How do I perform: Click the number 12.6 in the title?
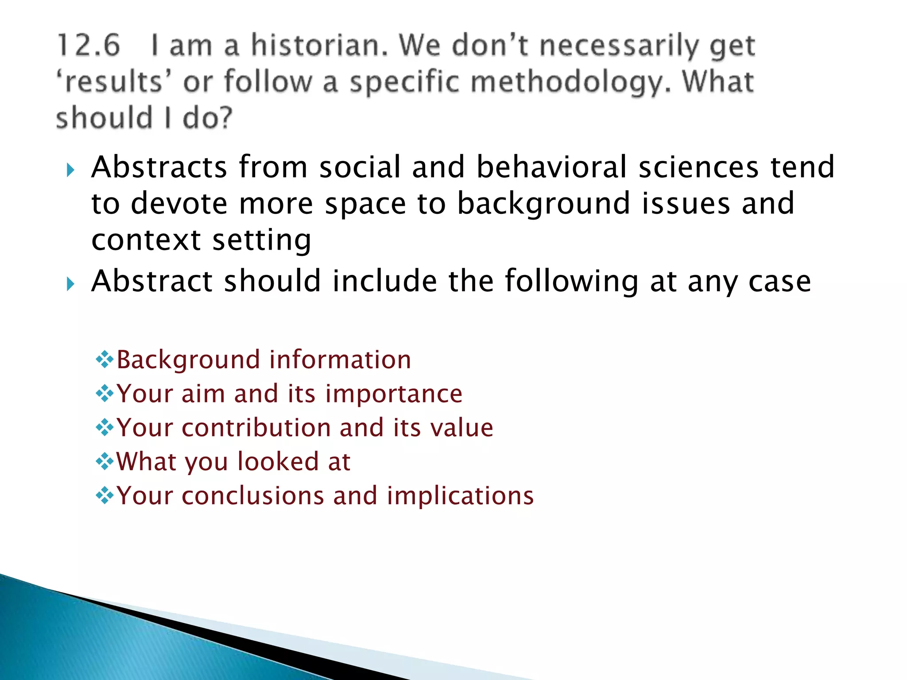(x=89, y=46)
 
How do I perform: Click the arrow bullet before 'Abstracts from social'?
(x=70, y=170)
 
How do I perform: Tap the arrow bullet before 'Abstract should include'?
(x=70, y=284)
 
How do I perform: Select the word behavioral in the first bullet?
(x=551, y=167)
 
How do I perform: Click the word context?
(x=146, y=240)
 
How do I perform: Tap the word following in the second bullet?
(x=571, y=282)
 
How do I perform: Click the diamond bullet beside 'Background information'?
(x=105, y=359)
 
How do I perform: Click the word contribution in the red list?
(x=256, y=428)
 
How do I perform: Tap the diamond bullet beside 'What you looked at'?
(x=105, y=462)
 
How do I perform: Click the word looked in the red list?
(x=278, y=462)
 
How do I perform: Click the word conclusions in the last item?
(x=252, y=496)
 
